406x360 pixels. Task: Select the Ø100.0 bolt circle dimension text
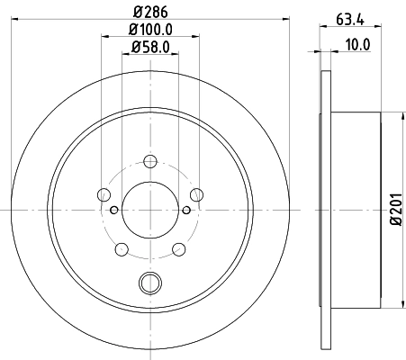click(149, 31)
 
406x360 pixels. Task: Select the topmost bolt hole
click(150, 162)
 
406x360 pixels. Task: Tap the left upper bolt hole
click(104, 195)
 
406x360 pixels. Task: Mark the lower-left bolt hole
click(122, 248)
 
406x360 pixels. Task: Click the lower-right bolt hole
click(178, 248)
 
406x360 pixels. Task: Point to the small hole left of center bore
click(113, 211)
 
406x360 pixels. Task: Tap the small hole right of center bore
click(186, 211)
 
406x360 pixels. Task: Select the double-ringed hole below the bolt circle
click(149, 283)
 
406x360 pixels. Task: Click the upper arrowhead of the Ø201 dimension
click(401, 114)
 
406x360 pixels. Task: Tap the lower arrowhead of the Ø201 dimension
click(401, 301)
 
